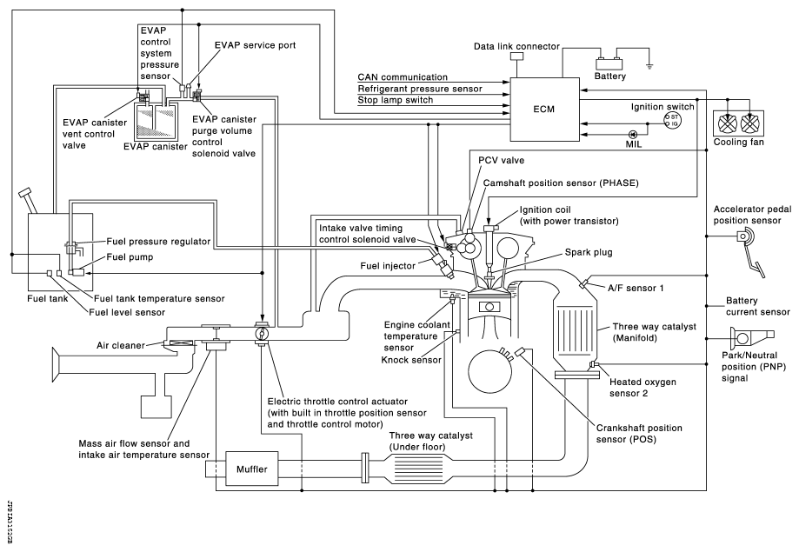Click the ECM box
tap(545, 110)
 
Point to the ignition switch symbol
tap(672, 120)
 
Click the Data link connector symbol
tap(516, 57)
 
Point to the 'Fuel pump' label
tap(129, 257)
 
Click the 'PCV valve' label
tap(503, 160)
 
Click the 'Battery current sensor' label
tap(757, 305)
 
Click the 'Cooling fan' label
tap(739, 142)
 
